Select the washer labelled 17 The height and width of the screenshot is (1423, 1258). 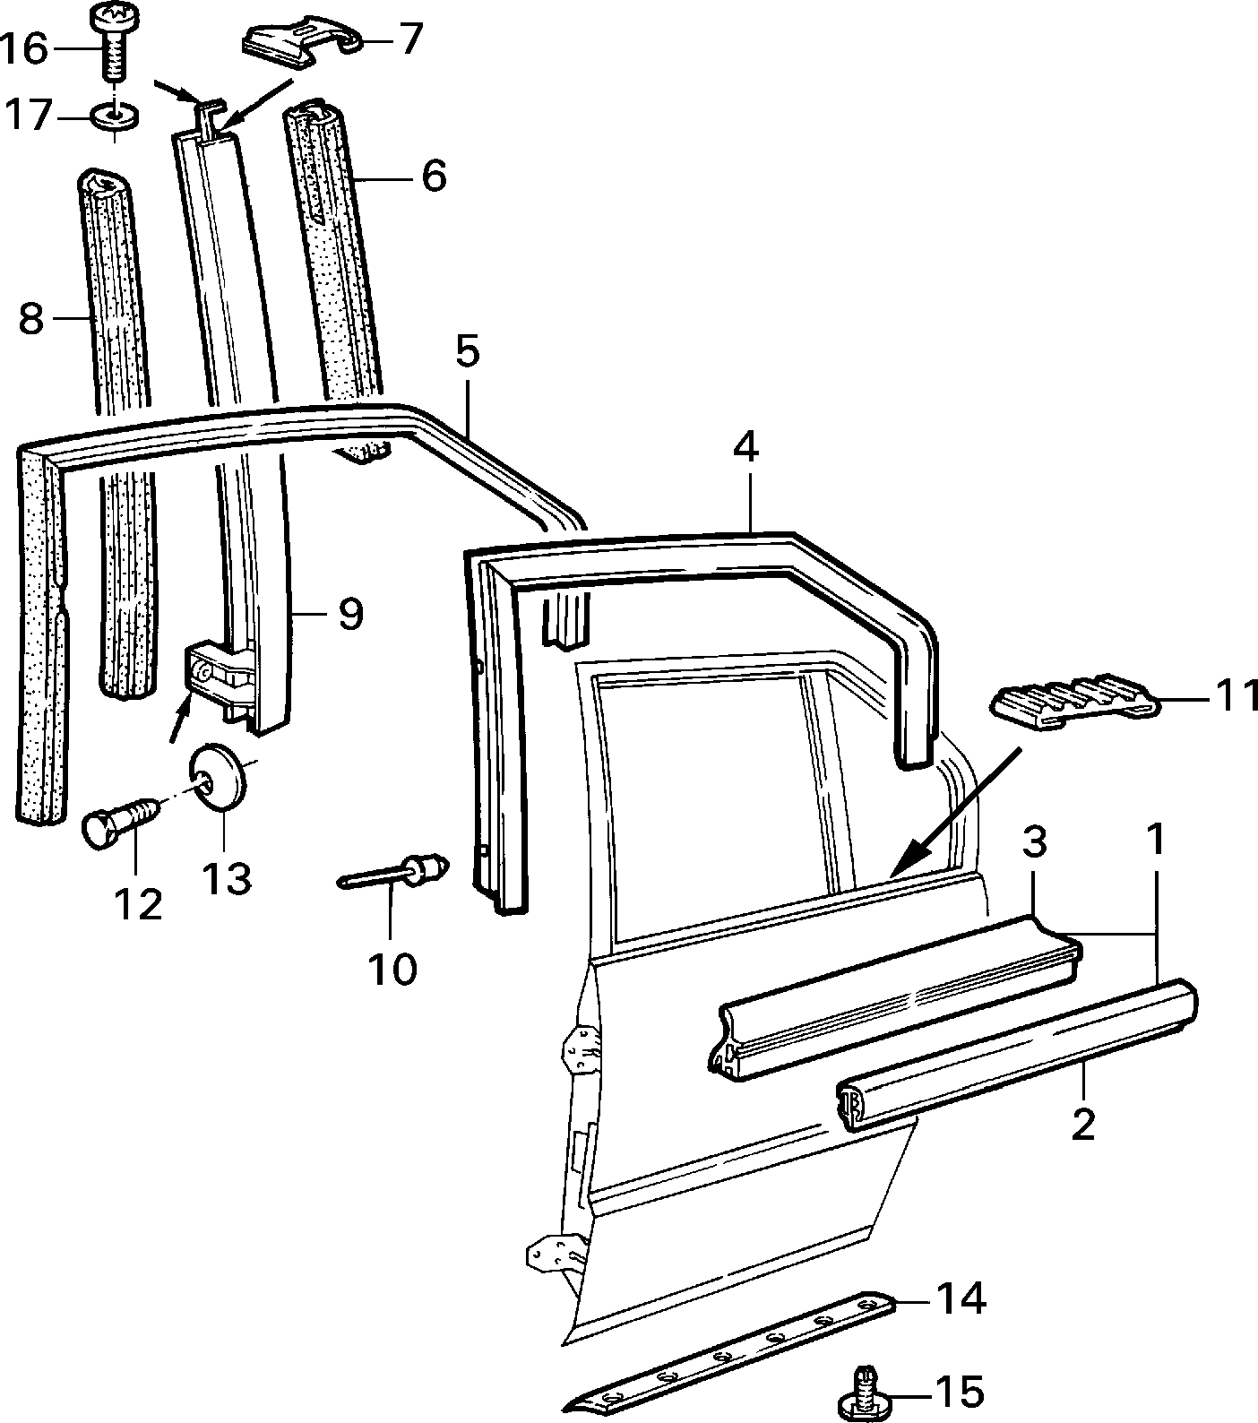pos(116,116)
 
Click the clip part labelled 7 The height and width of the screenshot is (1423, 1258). pos(302,40)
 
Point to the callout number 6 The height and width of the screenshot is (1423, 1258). pos(434,175)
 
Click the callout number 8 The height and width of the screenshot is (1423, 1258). pos(31,318)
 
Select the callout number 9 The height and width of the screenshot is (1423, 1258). pos(350,614)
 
